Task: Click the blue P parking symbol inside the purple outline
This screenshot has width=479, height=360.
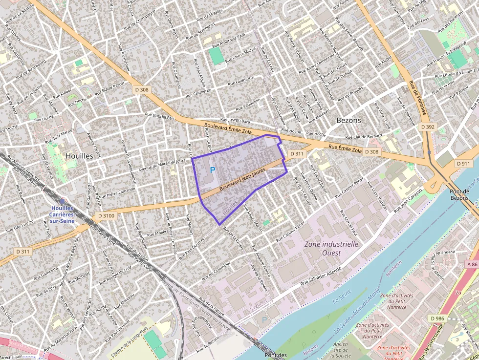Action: [212, 170]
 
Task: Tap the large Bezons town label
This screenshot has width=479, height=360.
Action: [349, 120]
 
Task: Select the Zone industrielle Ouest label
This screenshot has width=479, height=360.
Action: [331, 248]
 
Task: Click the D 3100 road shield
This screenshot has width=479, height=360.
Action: [106, 215]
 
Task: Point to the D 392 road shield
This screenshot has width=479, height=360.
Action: [428, 127]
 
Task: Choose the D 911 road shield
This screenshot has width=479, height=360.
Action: [464, 163]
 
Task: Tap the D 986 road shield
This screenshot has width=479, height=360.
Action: [438, 318]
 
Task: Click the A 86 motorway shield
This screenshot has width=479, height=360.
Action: [471, 264]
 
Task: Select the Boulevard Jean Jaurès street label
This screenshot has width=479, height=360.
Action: [242, 180]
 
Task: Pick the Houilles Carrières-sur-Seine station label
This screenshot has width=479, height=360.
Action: [68, 212]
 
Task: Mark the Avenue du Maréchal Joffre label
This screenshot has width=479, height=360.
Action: [163, 165]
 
